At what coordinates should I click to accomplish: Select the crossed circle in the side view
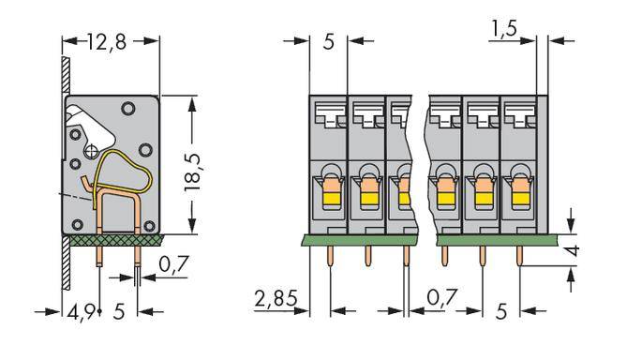pos(92,150)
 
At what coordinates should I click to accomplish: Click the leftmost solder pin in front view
pos(329,255)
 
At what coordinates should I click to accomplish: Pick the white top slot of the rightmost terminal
pos(517,112)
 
